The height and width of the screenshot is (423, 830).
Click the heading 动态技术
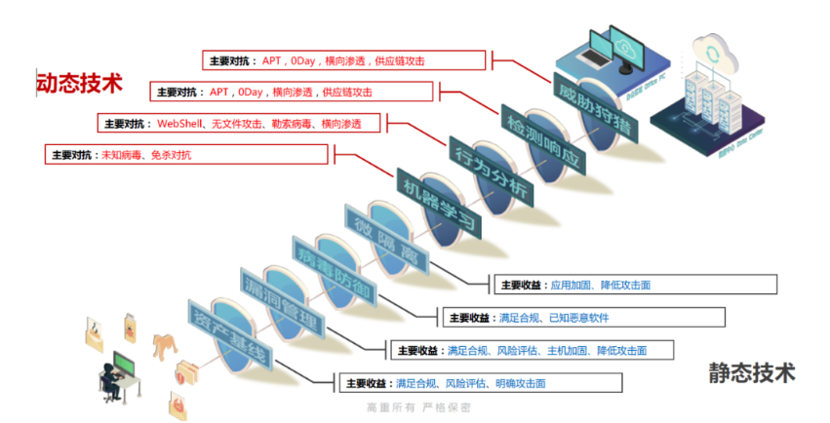80,83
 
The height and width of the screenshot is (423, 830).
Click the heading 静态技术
752,372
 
